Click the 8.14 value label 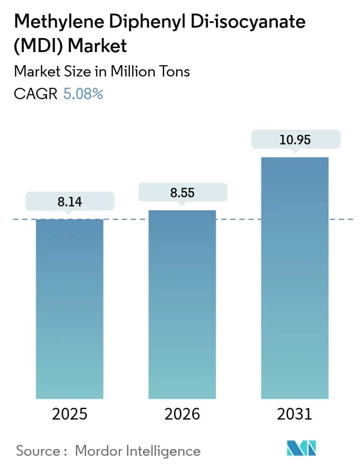tap(70, 201)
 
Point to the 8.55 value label tap(182, 192)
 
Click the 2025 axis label tap(70, 414)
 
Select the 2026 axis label tap(182, 414)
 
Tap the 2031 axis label tap(294, 414)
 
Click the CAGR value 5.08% tap(83, 94)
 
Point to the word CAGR tap(36, 94)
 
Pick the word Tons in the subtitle tap(173, 72)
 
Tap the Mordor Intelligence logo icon tap(302, 448)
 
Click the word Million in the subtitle tap(126, 72)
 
